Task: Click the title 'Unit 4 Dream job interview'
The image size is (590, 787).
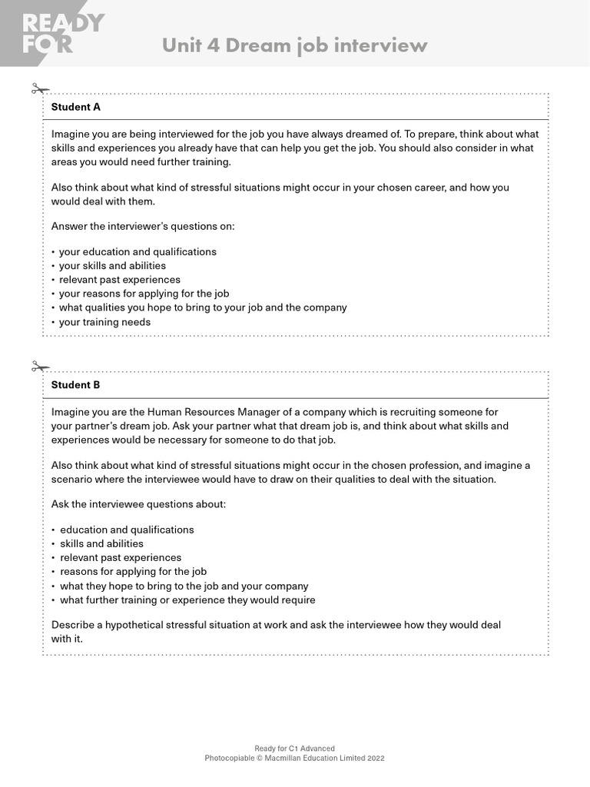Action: (x=294, y=45)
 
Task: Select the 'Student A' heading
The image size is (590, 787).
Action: (x=75, y=107)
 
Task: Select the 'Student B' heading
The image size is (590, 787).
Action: (x=75, y=384)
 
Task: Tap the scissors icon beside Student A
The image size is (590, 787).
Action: (x=40, y=89)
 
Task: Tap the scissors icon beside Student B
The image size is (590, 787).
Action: (x=40, y=367)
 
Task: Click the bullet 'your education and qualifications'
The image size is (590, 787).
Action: (x=138, y=252)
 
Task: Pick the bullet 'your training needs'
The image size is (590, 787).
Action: (x=104, y=322)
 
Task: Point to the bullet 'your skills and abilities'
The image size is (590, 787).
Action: (x=112, y=266)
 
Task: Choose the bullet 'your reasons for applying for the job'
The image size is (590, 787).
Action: (x=144, y=294)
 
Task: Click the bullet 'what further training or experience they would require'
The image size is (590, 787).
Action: (x=187, y=599)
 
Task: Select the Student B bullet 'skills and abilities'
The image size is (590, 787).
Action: (x=101, y=543)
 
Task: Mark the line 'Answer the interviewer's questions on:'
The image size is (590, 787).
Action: (x=143, y=226)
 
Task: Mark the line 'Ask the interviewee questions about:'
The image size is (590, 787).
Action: (x=138, y=504)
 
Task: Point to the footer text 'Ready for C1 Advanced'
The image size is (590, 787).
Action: (x=294, y=749)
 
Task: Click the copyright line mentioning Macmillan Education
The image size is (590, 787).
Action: (x=294, y=758)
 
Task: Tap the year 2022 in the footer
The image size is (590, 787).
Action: (x=376, y=758)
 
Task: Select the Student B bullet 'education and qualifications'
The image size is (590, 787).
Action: (x=127, y=530)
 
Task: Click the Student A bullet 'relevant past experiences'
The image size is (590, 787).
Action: (x=120, y=280)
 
